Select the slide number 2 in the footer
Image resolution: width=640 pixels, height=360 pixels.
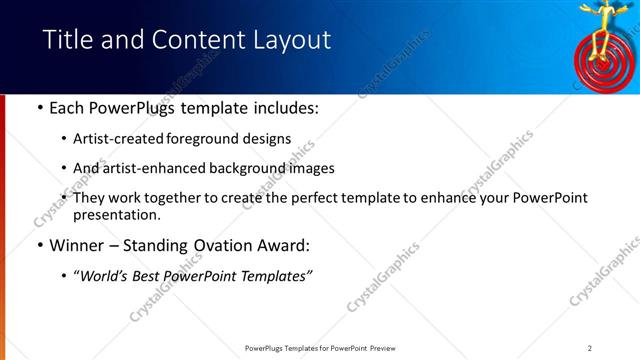590,347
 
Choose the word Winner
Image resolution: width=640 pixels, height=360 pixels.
78,245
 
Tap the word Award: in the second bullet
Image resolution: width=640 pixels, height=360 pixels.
283,245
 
